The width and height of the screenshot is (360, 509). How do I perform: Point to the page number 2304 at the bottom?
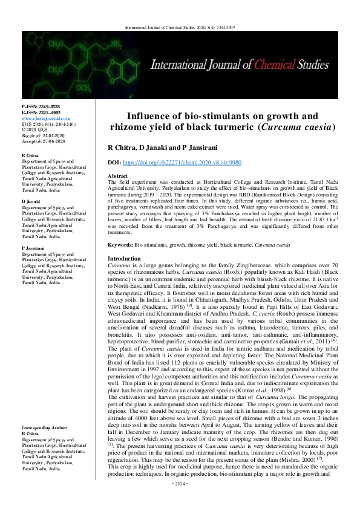[x=180, y=499]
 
